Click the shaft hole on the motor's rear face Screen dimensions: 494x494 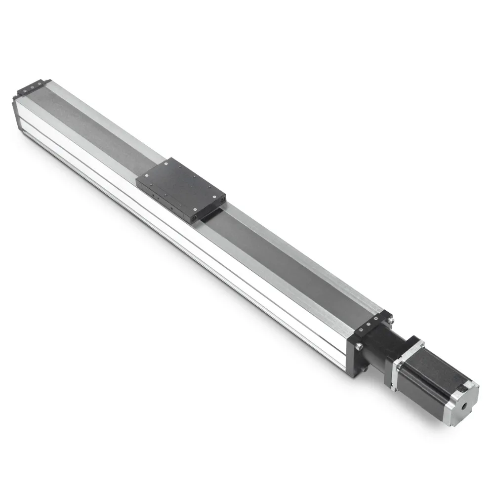(464, 407)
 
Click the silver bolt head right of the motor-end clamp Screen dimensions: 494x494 (390, 321)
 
